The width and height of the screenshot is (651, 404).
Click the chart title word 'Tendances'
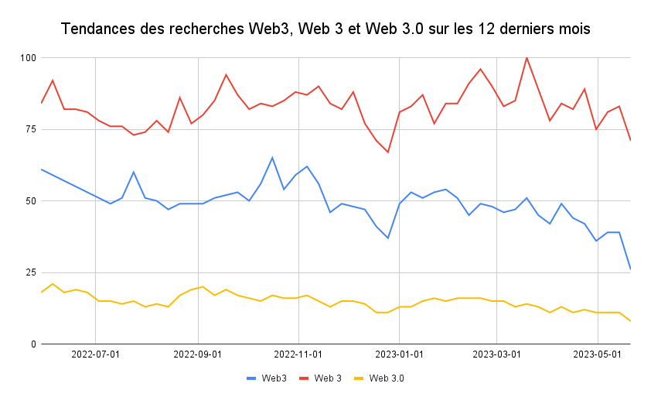97,30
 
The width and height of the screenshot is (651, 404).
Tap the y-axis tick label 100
28,58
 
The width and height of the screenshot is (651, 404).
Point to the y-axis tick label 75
30,129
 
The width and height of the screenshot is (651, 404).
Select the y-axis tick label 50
30,201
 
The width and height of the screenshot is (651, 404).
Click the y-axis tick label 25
30,272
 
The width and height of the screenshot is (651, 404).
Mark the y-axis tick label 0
33,344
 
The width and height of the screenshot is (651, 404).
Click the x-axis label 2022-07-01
95,354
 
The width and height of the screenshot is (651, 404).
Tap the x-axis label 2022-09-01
198,354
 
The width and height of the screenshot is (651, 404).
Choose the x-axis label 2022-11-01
298,354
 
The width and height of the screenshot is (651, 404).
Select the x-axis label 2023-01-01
400,354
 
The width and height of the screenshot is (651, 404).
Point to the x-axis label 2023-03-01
496,354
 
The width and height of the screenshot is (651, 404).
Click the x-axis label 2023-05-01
598,354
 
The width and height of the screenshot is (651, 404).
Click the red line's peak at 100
527,57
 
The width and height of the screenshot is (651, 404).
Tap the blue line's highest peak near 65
272,158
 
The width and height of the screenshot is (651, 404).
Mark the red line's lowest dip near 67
388,152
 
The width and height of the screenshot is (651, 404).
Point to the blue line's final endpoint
631,269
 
